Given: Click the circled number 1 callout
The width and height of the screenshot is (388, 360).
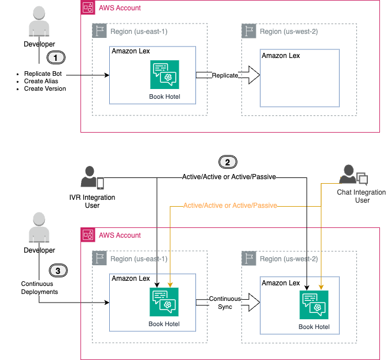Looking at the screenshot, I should point(56,57).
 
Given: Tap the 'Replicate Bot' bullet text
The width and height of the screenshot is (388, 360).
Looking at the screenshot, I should point(43,74).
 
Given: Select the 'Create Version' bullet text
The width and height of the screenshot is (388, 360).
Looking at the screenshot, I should point(44,89).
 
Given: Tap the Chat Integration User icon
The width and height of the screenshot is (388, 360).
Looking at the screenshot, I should point(349,174).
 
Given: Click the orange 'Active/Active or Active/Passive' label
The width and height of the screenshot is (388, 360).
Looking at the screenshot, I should point(230,205).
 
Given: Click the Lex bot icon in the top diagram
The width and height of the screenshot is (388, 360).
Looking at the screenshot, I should point(165,74).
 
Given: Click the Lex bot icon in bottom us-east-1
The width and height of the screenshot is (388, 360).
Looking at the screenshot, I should point(164,301).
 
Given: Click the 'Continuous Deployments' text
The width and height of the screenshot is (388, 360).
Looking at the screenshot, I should point(40,287).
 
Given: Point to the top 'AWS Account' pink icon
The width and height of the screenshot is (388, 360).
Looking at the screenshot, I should point(88,7).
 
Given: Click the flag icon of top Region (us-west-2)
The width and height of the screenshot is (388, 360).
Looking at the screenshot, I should point(249,32).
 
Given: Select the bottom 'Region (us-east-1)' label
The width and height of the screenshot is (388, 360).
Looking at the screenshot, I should point(139,258).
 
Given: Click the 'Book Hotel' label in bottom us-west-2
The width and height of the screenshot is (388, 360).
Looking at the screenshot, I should point(314,327).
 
